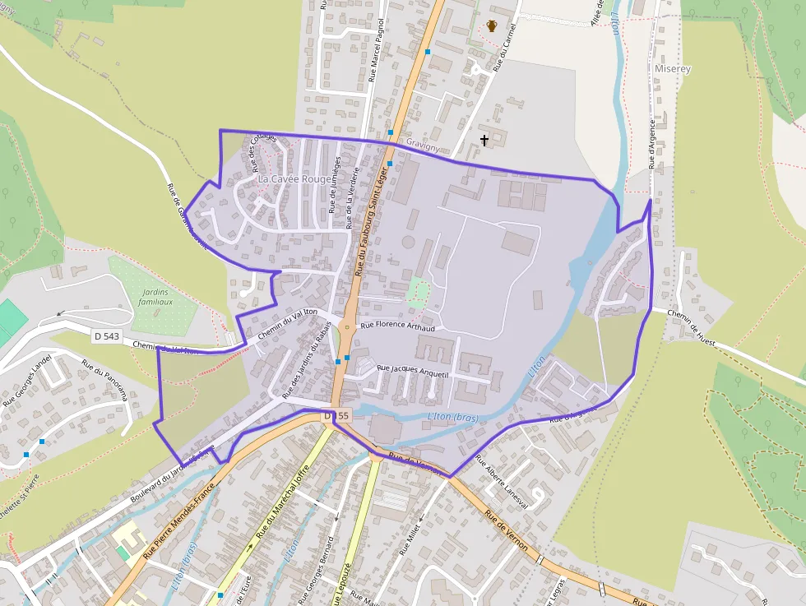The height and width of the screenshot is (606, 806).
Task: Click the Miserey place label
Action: click(x=673, y=69)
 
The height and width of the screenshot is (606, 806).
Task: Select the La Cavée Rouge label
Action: click(x=294, y=178)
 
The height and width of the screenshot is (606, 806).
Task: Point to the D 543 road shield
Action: click(x=107, y=335)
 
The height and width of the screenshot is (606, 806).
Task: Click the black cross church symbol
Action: click(x=484, y=141)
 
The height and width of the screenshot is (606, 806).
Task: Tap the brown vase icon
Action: click(x=492, y=26)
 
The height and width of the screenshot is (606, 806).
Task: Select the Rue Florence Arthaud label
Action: click(x=397, y=326)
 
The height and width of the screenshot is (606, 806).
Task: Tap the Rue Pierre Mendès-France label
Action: click(x=178, y=520)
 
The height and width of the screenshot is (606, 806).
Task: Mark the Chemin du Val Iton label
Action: click(x=288, y=324)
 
